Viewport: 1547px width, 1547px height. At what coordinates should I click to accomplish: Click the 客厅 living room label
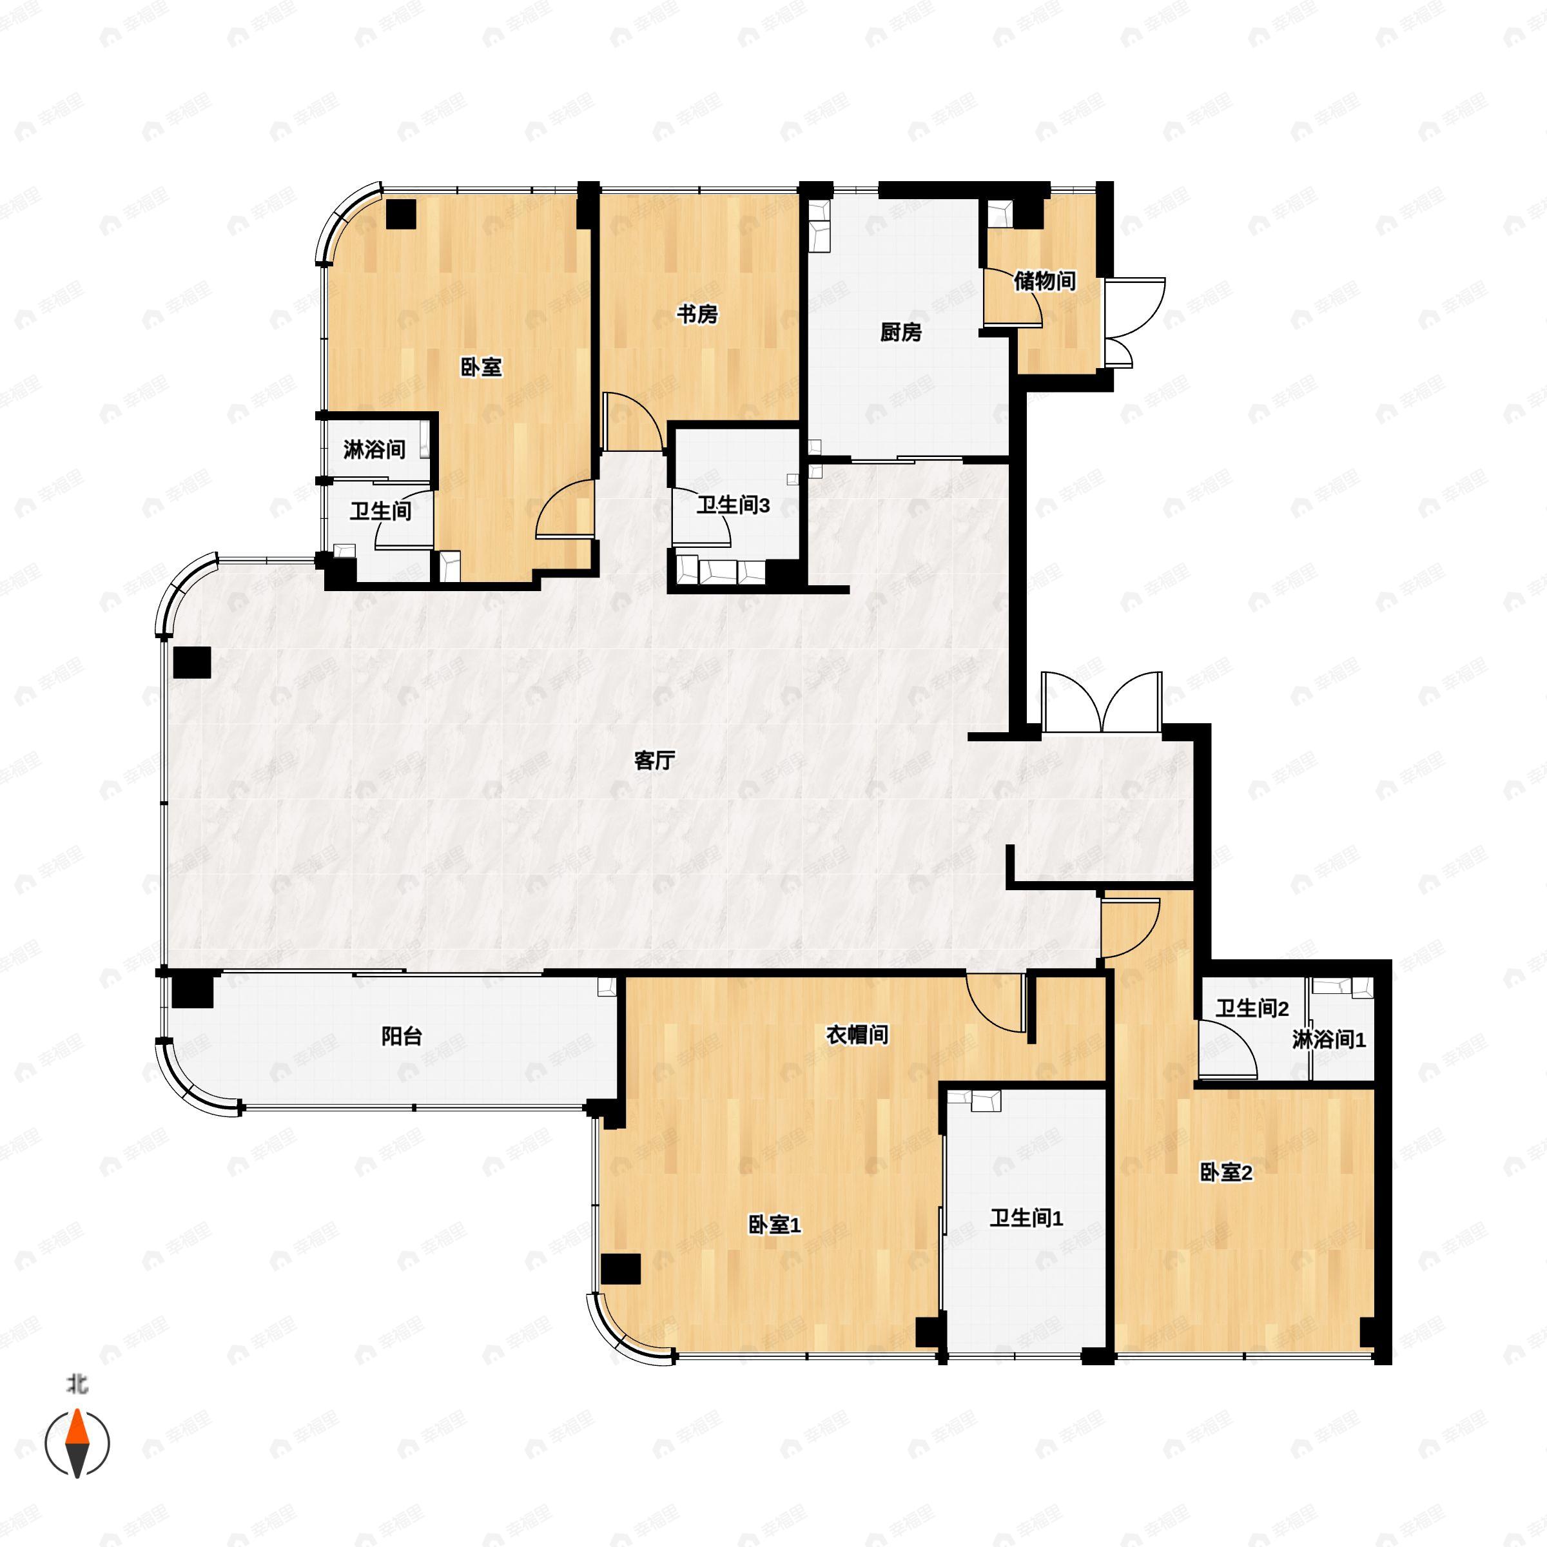point(654,760)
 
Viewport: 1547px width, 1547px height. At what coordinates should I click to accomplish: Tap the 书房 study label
point(697,314)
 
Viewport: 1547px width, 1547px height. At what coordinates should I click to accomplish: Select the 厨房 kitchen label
point(901,331)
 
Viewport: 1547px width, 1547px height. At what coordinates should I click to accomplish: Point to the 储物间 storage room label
point(1044,281)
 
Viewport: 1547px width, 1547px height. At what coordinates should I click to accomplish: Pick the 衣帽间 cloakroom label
point(857,1035)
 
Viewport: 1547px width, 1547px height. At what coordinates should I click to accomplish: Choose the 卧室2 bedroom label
point(1225,1172)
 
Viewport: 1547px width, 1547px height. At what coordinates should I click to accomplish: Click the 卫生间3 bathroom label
point(733,505)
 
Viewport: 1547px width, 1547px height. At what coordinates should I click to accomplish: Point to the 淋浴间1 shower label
point(1328,1039)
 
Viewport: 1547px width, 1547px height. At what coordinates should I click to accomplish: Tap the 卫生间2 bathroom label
point(1252,1008)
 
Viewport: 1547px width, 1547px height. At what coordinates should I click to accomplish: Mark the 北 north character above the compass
point(77,1384)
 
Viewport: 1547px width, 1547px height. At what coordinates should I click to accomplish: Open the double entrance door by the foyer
point(1102,702)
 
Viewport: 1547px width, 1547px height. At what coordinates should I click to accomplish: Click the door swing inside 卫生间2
point(1227,1048)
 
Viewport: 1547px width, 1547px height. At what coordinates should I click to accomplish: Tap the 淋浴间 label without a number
point(374,449)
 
